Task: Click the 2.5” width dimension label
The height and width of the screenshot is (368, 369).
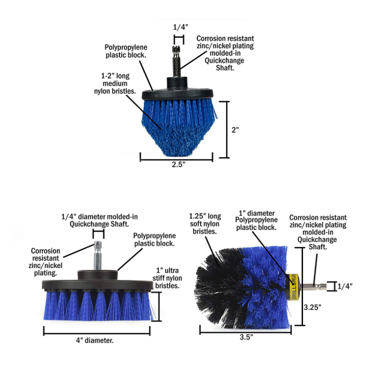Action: [x=179, y=164]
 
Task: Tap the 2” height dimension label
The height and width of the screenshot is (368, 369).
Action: [x=235, y=130]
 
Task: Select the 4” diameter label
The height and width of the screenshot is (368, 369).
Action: [x=95, y=340]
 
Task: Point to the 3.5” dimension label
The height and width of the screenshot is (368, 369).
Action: [x=246, y=337]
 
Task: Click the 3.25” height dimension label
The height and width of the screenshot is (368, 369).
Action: [x=313, y=307]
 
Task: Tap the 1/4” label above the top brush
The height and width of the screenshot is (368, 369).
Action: [x=181, y=27]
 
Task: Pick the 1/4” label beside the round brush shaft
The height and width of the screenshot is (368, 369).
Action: [x=345, y=286]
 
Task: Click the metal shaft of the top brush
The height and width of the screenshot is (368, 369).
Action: [x=177, y=61]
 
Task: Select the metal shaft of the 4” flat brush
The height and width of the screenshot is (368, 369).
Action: [x=98, y=256]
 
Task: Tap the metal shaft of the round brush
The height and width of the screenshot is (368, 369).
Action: [x=314, y=286]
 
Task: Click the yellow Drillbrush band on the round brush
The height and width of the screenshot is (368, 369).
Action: [x=294, y=286]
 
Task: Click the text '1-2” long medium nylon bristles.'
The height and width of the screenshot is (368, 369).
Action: [x=115, y=83]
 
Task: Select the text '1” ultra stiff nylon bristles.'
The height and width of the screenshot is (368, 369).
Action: [x=167, y=278]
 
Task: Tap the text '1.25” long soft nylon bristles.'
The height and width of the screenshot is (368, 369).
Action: [x=205, y=224]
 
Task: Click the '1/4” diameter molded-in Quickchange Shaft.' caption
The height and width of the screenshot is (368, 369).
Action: [x=100, y=220]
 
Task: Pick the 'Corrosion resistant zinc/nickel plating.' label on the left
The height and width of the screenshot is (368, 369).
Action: [x=45, y=262]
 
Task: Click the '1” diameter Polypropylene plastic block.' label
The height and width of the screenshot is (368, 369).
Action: [x=256, y=220]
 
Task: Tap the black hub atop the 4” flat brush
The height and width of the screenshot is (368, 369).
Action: [x=98, y=275]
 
